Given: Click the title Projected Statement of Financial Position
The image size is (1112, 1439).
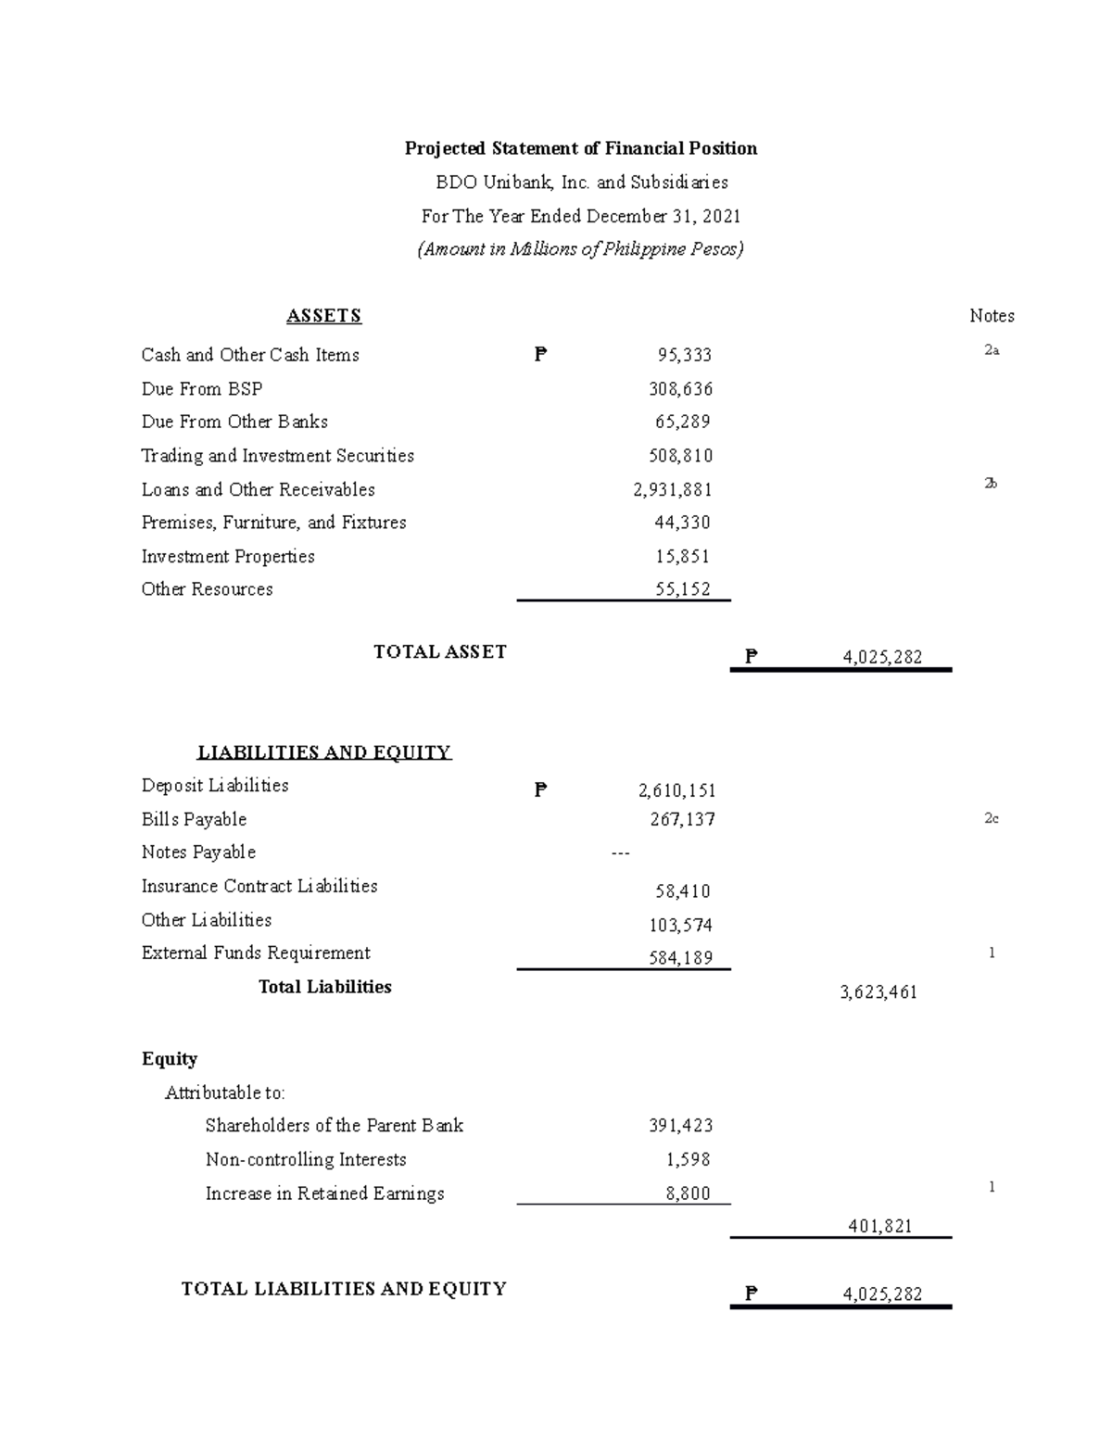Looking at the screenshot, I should pos(581,148).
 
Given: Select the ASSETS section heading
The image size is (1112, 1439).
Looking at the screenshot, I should pos(323,316).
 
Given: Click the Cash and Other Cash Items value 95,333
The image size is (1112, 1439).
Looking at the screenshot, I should pos(684,355).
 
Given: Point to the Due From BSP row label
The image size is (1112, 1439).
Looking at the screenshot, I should pos(202,389).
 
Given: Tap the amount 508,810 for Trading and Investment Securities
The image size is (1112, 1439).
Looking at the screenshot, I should pos(680,456).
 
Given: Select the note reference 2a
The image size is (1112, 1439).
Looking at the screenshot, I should pos(992,350).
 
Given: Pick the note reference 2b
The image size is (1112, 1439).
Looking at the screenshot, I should pos(991,484).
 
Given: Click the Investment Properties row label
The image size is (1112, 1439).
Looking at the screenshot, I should pos(228,556).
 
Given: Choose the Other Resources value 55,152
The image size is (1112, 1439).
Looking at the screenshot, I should pos(682,589).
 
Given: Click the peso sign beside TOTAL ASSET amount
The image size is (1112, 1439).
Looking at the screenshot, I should pos(752,657).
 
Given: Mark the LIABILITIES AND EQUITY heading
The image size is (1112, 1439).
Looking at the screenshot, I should pos(324,752).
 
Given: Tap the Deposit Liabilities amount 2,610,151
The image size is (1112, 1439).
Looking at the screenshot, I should pos(676,790).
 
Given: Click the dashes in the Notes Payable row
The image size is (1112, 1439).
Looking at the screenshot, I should pos(621,853).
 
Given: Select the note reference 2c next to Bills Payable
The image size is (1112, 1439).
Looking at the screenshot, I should pos(992,818).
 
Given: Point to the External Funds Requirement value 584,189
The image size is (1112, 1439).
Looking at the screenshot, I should pos(680,958).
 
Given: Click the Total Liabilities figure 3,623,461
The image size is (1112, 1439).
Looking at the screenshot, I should pos(878,992).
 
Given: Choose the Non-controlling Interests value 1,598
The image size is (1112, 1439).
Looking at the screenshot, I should pos(688,1159).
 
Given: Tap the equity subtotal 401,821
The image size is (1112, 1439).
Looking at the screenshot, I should pos(880,1226).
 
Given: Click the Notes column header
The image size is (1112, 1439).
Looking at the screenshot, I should pos(992,316).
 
